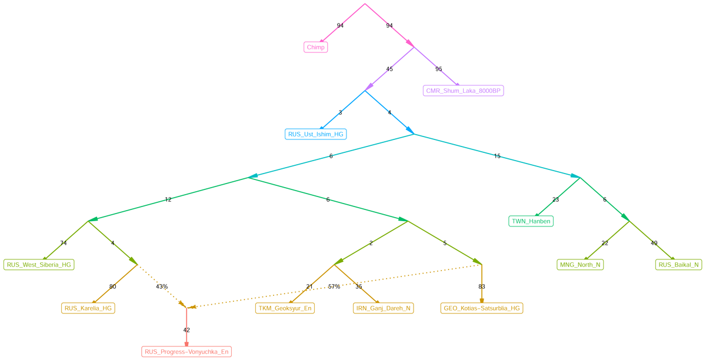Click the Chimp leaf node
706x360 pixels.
tap(315, 47)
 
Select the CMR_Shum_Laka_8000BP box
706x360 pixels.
tap(463, 91)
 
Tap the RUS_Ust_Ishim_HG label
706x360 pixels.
tap(315, 134)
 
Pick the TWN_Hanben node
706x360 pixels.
tap(531, 221)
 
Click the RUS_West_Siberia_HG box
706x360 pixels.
tap(39, 265)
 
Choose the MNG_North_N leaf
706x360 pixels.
tap(580, 265)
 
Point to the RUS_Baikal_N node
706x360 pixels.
tap(678, 265)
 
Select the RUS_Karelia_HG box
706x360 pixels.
tap(88, 308)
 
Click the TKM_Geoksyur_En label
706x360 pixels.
tap(285, 308)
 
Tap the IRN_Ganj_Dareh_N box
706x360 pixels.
tap(384, 308)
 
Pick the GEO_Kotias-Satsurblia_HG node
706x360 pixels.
tap(481, 308)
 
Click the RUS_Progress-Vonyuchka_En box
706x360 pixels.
tap(187, 352)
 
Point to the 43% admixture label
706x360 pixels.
tap(162, 286)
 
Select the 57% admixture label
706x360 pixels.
tap(334, 286)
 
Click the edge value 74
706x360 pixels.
tap(64, 243)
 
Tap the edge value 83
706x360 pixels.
tap(482, 286)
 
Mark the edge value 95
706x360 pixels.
tap(438, 69)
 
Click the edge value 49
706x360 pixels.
tap(654, 243)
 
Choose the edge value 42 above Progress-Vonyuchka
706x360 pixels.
tap(187, 330)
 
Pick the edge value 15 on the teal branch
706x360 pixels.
tap(497, 156)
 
